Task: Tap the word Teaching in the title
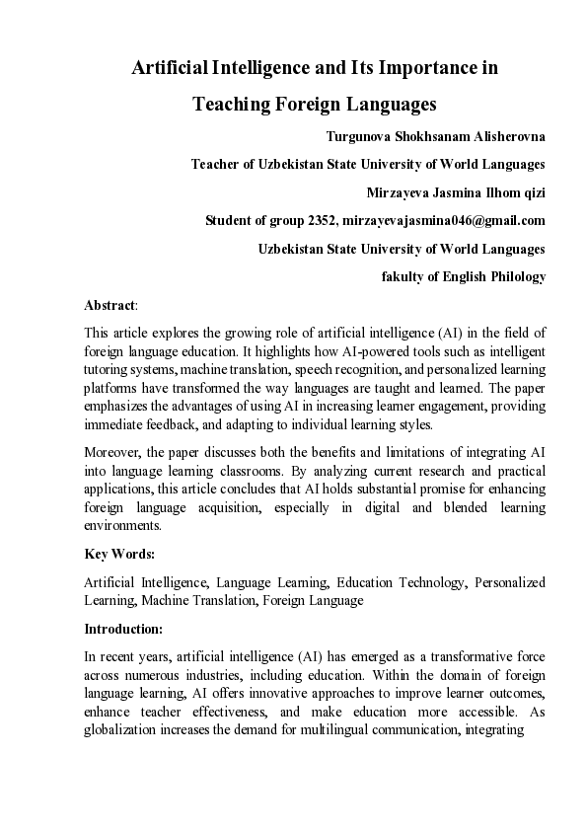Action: (230, 104)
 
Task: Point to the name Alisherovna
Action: (505, 136)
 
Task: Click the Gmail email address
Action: (444, 220)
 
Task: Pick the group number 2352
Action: (323, 220)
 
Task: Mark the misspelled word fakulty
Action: (406, 277)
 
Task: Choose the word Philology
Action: (513, 277)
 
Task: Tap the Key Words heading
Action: (119, 555)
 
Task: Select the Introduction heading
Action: (122, 628)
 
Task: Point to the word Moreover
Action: (113, 452)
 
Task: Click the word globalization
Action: (124, 732)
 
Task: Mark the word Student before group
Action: (230, 220)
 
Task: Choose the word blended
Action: (452, 508)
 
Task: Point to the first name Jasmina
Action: (449, 192)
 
